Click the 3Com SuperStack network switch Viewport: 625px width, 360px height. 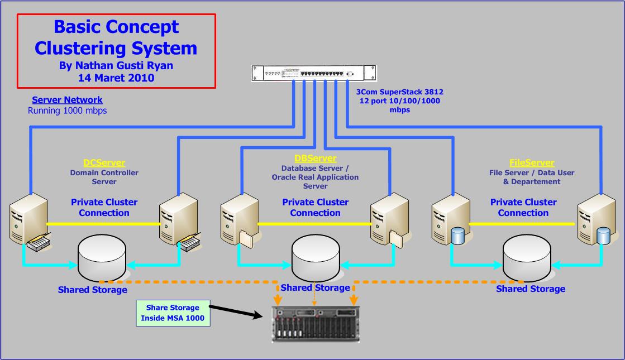313,73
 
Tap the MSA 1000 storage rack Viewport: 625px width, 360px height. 316,323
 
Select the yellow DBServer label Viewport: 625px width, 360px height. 315,159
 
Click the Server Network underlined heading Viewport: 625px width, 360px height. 67,100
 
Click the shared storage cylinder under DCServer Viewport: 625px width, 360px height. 102,257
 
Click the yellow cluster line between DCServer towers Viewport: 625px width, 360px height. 103,224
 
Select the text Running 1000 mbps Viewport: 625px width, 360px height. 67,111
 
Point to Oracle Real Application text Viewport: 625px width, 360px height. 315,177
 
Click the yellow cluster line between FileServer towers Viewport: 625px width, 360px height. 522,224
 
